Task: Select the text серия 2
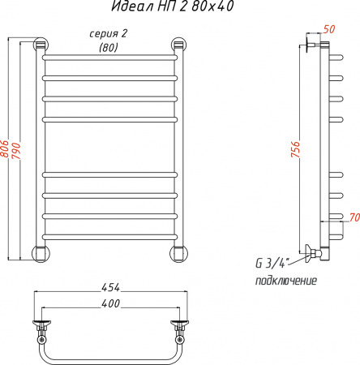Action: tap(109, 33)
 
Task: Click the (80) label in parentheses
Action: tap(108, 47)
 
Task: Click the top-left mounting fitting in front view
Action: tap(40, 45)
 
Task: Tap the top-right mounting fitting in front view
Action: tap(178, 45)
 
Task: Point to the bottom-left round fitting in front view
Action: tap(40, 251)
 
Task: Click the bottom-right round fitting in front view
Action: tap(178, 251)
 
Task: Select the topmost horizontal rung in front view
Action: tap(109, 59)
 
